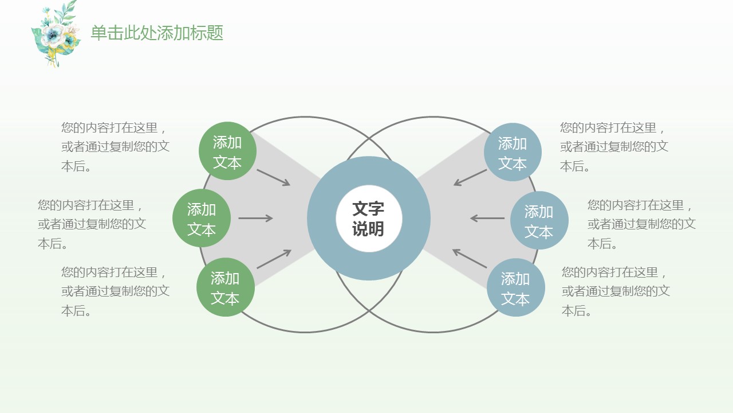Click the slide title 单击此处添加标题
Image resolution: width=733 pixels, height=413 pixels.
[157, 33]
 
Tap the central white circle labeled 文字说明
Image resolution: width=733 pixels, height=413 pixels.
[368, 219]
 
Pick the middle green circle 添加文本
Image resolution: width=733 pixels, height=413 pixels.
[202, 219]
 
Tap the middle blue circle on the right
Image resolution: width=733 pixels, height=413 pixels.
[539, 221]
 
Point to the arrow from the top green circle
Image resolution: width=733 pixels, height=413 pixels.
[274, 177]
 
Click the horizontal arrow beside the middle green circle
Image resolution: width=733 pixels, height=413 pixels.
[255, 218]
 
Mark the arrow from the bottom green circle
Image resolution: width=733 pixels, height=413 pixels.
[274, 259]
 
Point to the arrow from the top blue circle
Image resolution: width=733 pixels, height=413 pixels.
[470, 177]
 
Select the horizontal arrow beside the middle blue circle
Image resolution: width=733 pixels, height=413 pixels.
[487, 218]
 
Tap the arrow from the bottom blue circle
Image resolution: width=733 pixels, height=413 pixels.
[470, 259]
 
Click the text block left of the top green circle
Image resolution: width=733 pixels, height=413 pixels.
[115, 147]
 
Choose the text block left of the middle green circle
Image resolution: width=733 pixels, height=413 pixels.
[92, 224]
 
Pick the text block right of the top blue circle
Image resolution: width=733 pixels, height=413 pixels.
[614, 147]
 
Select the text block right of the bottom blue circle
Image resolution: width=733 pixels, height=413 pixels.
[616, 291]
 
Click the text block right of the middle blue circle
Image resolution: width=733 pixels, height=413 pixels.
[641, 224]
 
